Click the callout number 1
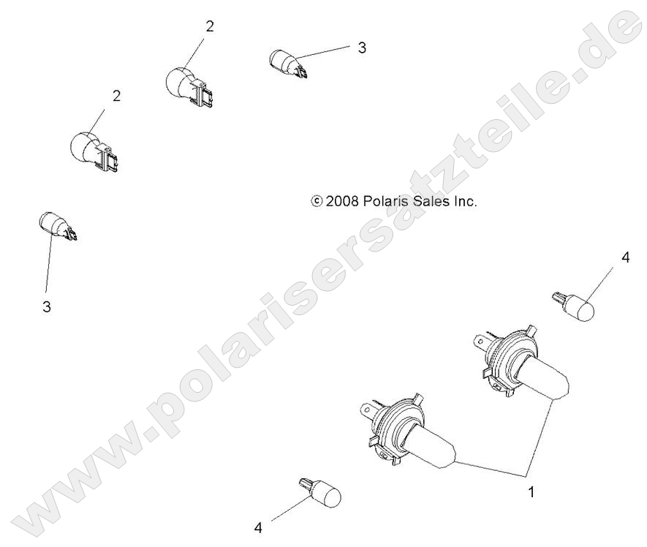pos(531,492)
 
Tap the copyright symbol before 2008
pos(317,201)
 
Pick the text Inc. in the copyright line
pos(466,201)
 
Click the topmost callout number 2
pos(210,26)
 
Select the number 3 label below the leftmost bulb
pos(47,307)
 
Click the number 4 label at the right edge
pos(625,257)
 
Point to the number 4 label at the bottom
pos(257,527)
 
